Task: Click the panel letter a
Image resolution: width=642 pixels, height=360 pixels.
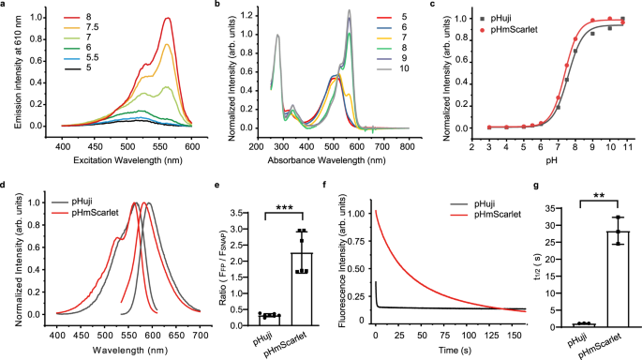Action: tap(5, 5)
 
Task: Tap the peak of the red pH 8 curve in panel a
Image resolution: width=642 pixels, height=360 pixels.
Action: tap(167, 18)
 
